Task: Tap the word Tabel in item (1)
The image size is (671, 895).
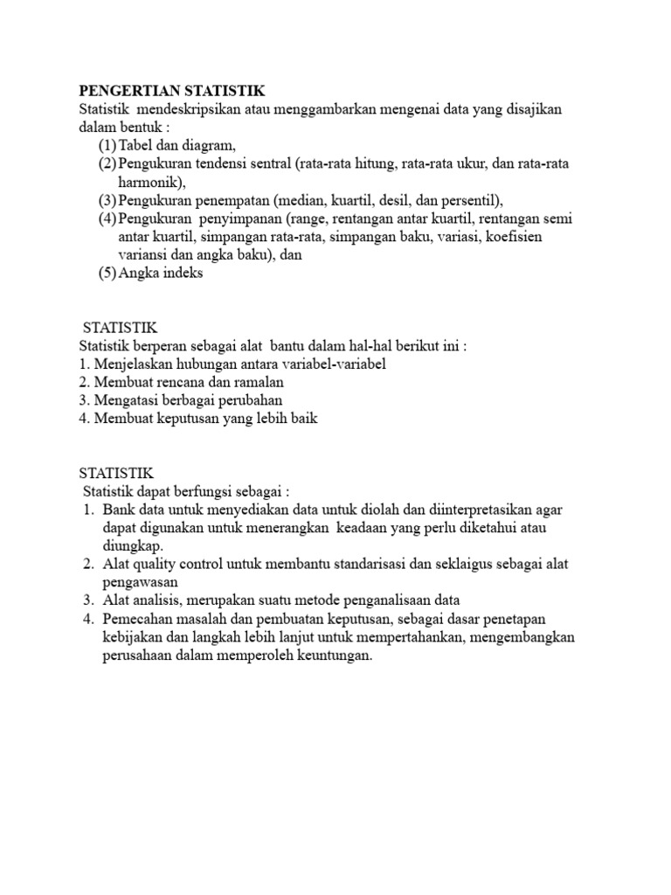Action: click(135, 145)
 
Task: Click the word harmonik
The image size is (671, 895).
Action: click(149, 182)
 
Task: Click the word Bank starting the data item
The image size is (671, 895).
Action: click(118, 510)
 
